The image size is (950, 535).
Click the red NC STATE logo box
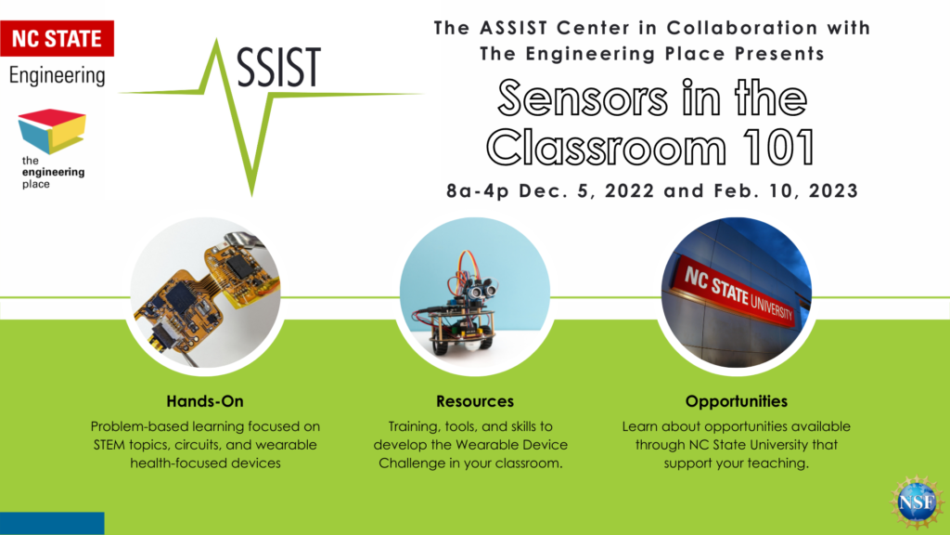pyautogui.click(x=57, y=38)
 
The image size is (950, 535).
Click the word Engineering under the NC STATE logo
pyautogui.click(x=57, y=76)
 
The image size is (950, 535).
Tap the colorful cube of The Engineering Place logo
pyautogui.click(x=52, y=130)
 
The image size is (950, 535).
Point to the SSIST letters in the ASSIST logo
pyautogui.click(x=278, y=67)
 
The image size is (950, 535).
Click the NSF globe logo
pyautogui.click(x=917, y=502)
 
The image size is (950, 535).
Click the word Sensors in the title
pyautogui.click(x=583, y=98)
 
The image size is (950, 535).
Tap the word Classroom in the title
pyautogui.click(x=606, y=148)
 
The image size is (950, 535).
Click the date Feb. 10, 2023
pyautogui.click(x=786, y=191)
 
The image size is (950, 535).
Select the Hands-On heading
pyautogui.click(x=205, y=401)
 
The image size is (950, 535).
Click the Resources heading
pyautogui.click(x=475, y=401)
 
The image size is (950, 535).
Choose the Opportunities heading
pyautogui.click(x=736, y=401)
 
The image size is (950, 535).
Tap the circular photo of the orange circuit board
pyautogui.click(x=205, y=293)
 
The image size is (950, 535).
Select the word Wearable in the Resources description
pyautogui.click(x=486, y=445)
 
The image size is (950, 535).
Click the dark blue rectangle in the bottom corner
pyautogui.click(x=52, y=524)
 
